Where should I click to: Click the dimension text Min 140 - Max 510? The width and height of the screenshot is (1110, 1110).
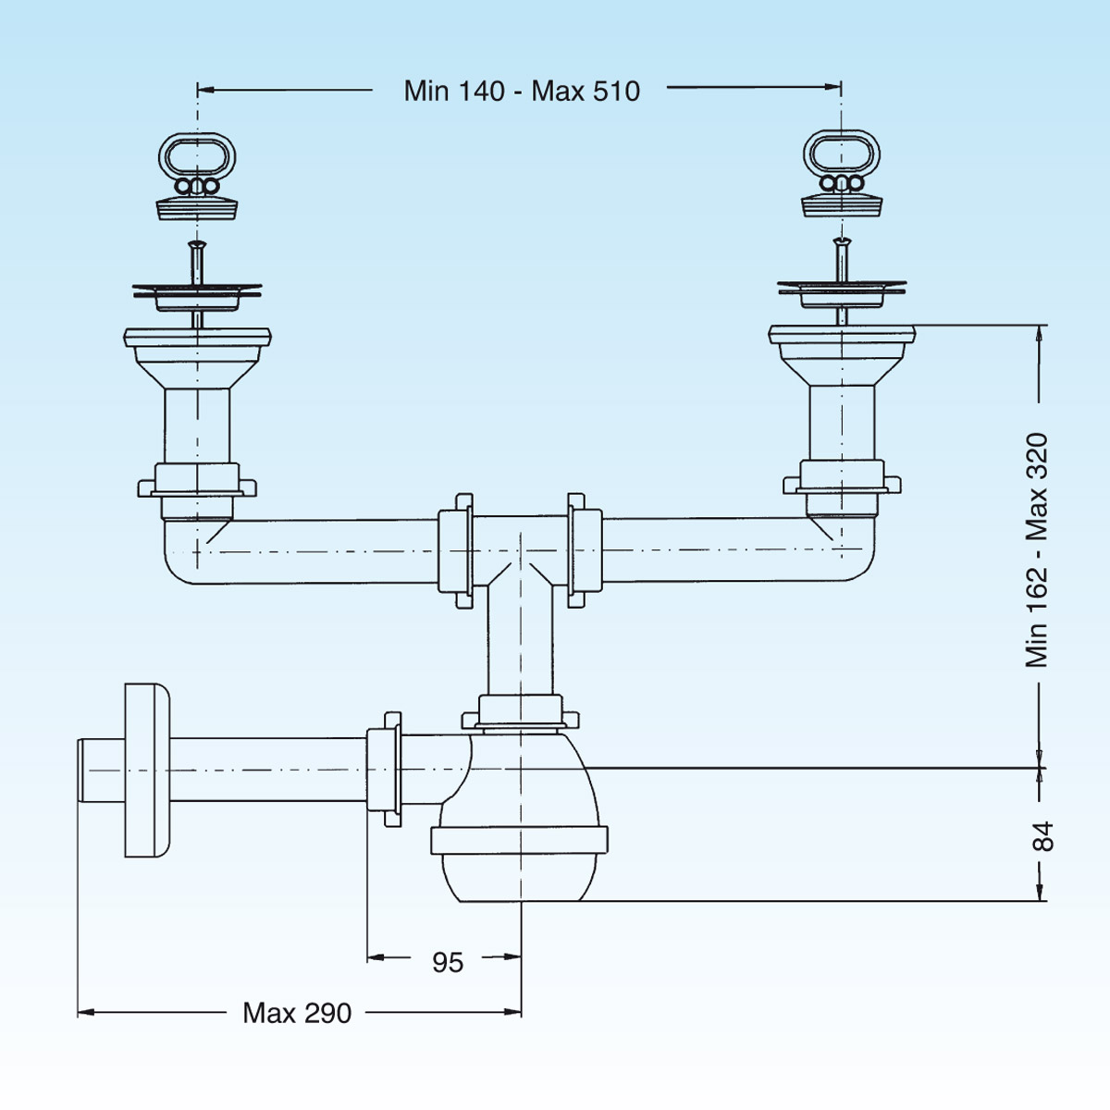tap(522, 91)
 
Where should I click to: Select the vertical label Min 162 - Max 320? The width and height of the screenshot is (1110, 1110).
tap(1037, 549)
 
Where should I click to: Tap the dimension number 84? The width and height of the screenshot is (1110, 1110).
tap(1042, 835)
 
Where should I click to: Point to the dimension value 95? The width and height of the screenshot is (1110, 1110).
tap(448, 963)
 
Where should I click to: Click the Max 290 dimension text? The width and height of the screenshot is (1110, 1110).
tap(297, 1013)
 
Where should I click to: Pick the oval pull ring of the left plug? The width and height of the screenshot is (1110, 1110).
tap(197, 157)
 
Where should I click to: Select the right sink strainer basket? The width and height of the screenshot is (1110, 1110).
tap(842, 293)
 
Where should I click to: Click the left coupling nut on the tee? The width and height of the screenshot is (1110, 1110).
tap(454, 550)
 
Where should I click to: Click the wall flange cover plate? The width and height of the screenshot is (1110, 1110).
tap(146, 771)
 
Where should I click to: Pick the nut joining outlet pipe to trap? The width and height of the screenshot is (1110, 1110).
tap(384, 770)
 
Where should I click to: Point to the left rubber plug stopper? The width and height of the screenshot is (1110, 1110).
tap(197, 205)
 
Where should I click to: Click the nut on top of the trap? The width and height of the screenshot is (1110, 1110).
tap(519, 712)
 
